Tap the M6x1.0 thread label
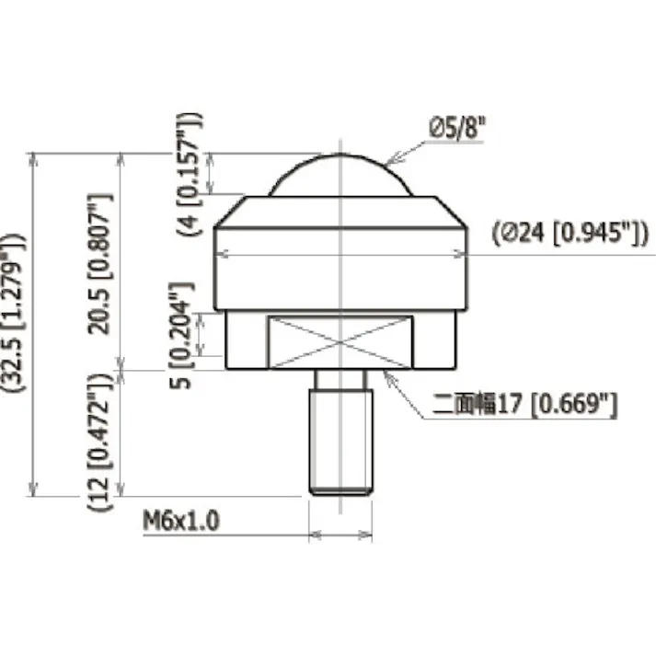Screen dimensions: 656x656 coord(181,522)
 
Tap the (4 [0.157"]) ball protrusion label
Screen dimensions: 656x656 coord(193,175)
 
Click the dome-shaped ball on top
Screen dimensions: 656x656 coord(340,177)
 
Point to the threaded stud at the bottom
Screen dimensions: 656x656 coord(340,432)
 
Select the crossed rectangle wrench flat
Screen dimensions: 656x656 coord(340,341)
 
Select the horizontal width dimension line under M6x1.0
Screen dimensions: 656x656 coord(340,534)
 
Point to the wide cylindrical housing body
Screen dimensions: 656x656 coord(340,276)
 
